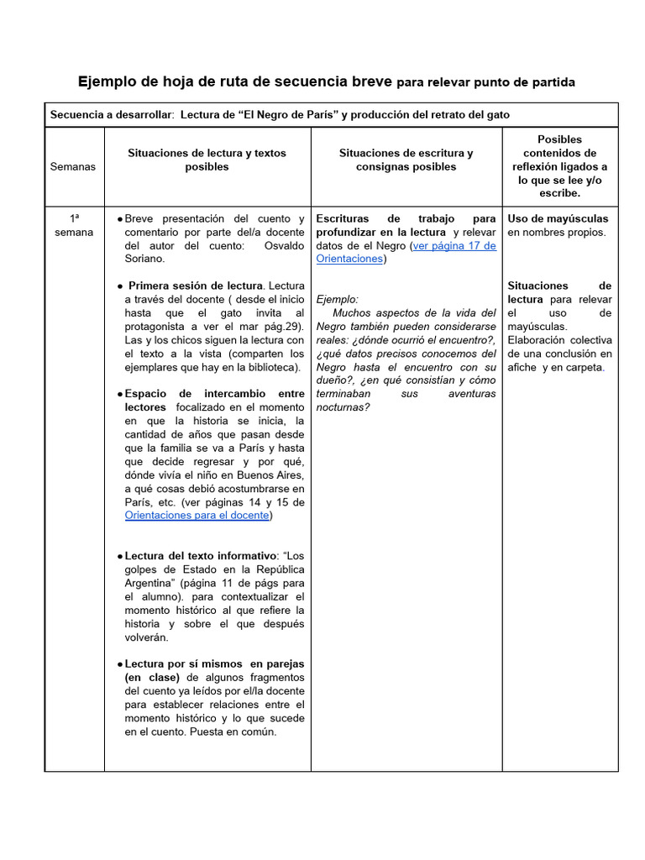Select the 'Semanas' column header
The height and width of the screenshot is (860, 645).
coord(73,166)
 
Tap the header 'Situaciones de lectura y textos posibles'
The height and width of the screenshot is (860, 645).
coord(207,160)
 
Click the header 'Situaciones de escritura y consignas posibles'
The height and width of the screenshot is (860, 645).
coord(406,160)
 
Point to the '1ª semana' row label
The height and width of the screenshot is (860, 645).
coord(74,225)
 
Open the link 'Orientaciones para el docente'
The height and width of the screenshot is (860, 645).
coord(197,516)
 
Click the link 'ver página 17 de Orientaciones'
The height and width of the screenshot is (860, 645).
coord(406,252)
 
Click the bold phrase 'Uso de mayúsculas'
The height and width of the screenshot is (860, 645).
coord(558,218)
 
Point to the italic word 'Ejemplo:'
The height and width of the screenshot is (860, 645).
coord(337,299)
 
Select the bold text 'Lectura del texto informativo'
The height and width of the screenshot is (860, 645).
coord(201,556)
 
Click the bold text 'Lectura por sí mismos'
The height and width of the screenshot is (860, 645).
coord(183,663)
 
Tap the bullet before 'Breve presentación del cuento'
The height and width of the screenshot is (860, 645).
coord(120,219)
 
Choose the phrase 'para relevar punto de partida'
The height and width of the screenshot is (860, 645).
coord(485,82)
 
